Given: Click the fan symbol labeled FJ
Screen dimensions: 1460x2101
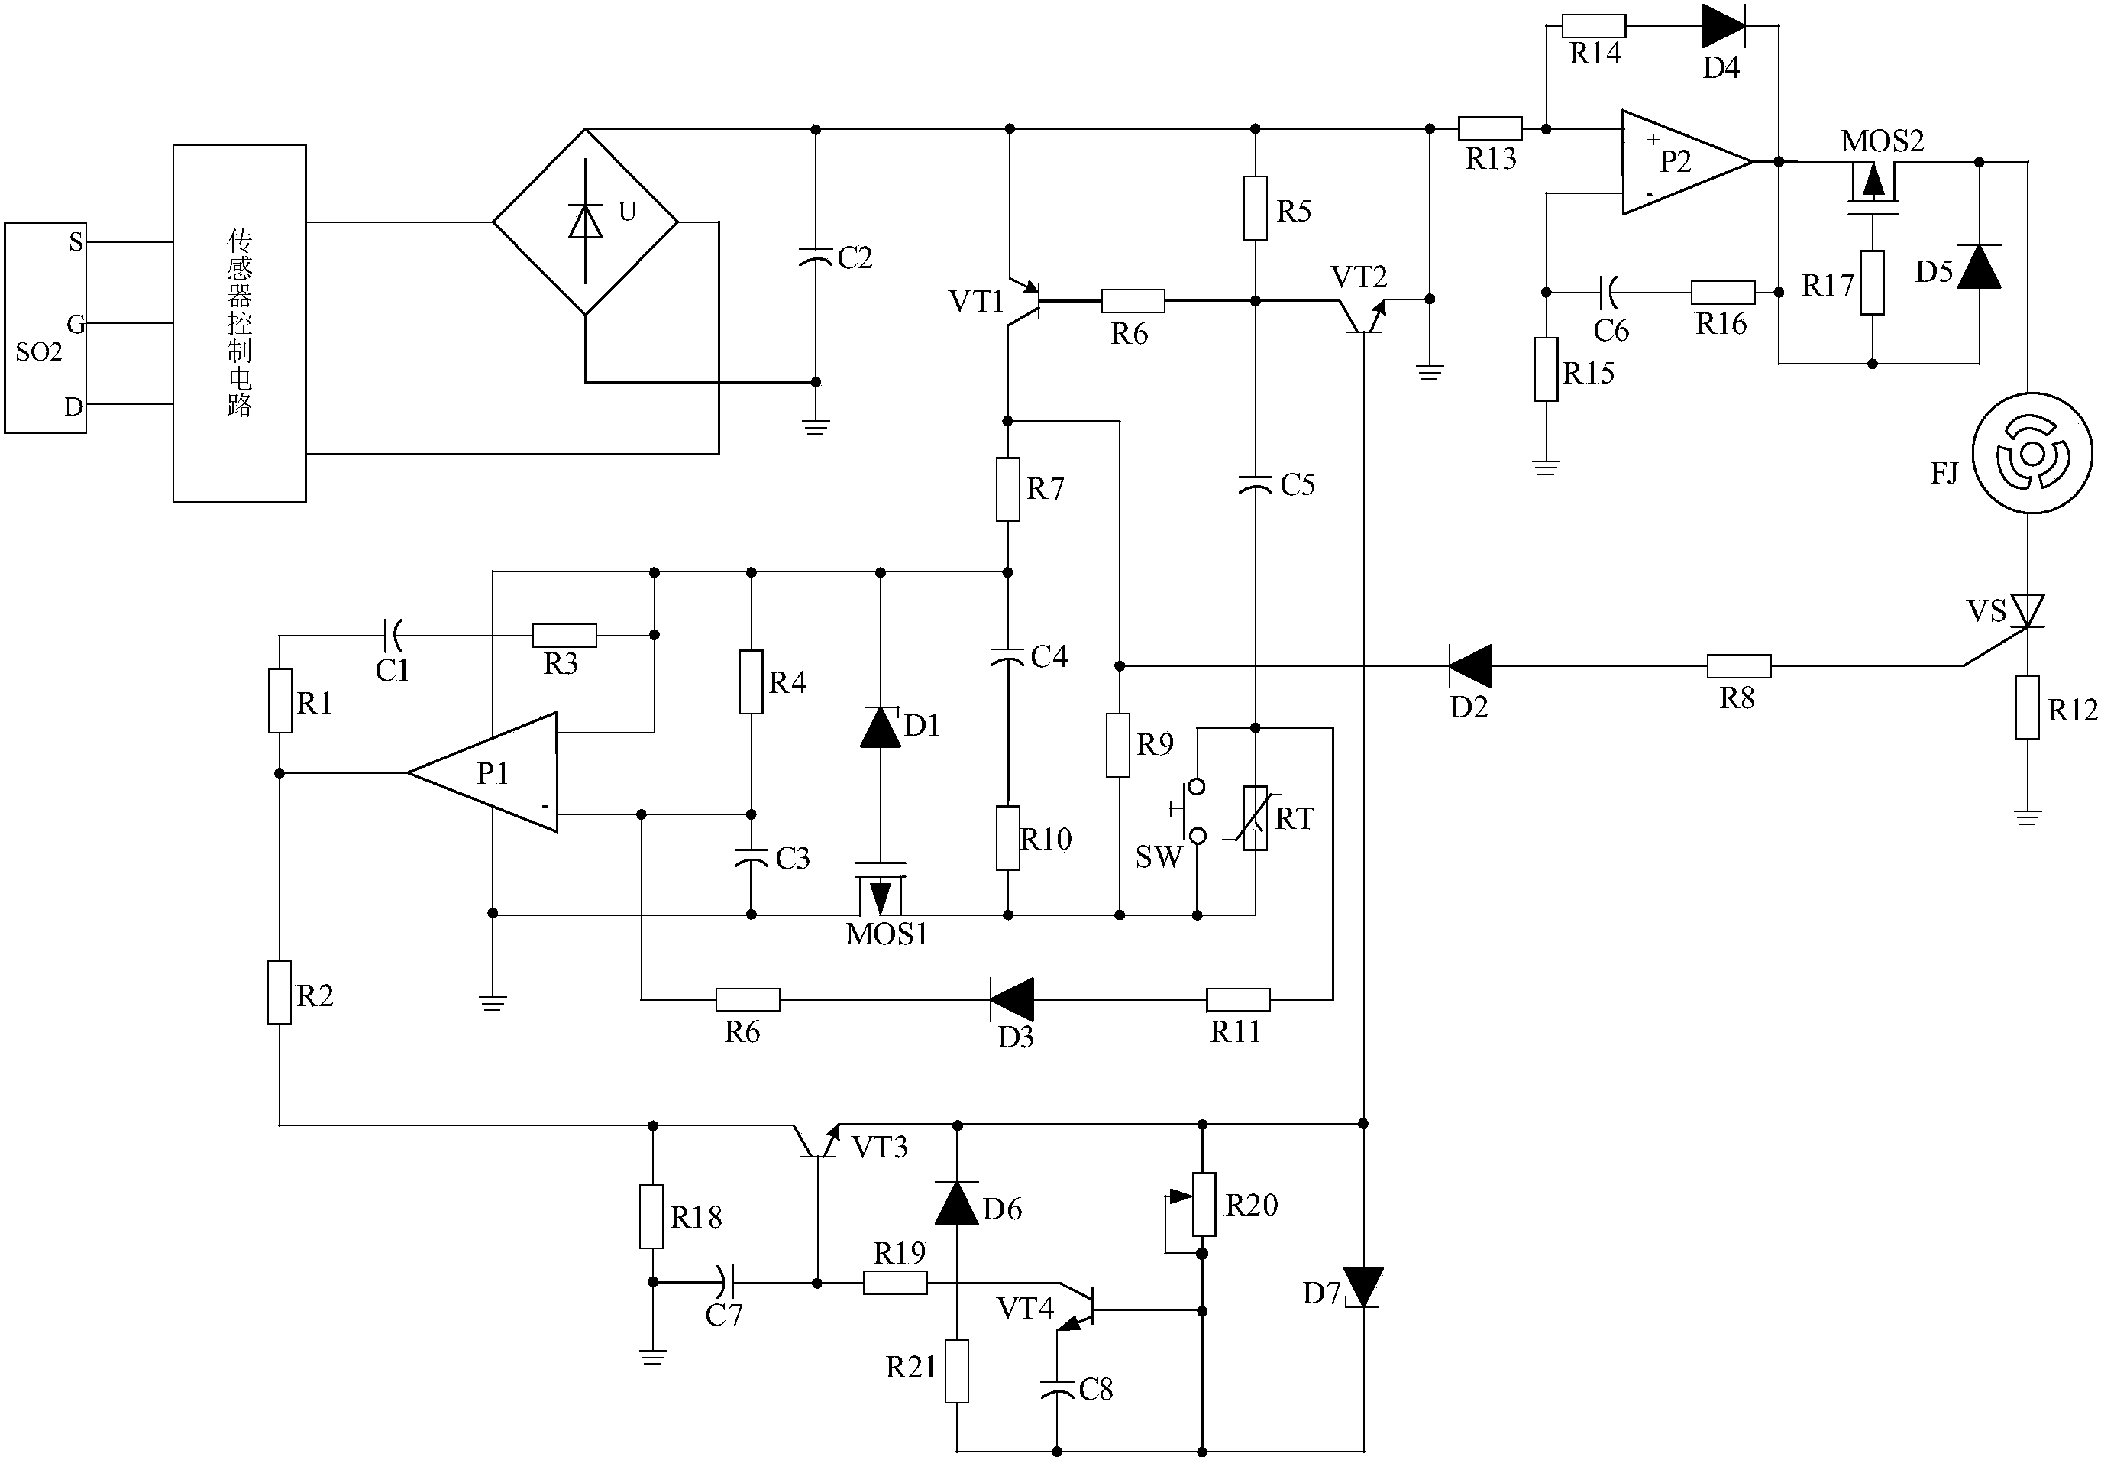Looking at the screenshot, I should click(x=2031, y=454).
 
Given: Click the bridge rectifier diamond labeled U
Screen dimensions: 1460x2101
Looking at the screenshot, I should click(x=585, y=222).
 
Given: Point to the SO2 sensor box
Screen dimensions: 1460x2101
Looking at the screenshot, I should click(x=45, y=328).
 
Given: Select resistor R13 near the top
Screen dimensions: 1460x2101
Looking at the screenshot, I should click(x=1489, y=128).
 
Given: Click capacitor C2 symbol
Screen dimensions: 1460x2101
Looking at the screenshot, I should click(x=816, y=256).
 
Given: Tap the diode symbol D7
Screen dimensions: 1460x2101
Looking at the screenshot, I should click(x=1362, y=1287).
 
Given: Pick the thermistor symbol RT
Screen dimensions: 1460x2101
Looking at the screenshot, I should click(x=1256, y=817).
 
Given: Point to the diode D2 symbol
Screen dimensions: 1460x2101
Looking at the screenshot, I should click(x=1470, y=666).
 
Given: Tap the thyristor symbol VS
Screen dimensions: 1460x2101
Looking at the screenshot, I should click(x=2028, y=611).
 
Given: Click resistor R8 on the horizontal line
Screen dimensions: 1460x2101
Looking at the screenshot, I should click(x=1738, y=666).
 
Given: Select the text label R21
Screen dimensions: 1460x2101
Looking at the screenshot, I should click(x=910, y=1367).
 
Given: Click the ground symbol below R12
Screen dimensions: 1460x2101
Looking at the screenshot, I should click(x=2028, y=816).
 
